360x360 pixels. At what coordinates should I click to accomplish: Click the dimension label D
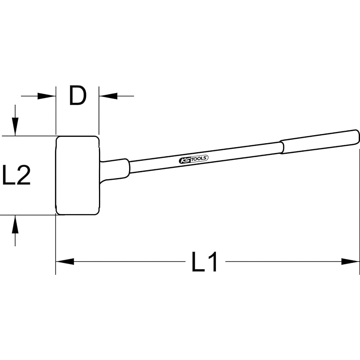pos(78,96)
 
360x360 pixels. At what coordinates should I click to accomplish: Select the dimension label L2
pos(16,175)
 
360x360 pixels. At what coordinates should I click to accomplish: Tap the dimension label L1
pos(204,262)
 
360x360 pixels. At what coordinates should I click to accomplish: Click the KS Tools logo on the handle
pos(194,159)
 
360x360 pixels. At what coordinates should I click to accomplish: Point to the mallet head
pos(78,176)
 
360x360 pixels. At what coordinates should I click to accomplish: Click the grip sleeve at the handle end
pos(319,142)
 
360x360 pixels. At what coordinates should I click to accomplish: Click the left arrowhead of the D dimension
pos(46,96)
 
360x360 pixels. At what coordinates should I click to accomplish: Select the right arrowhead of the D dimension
pos(108,96)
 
